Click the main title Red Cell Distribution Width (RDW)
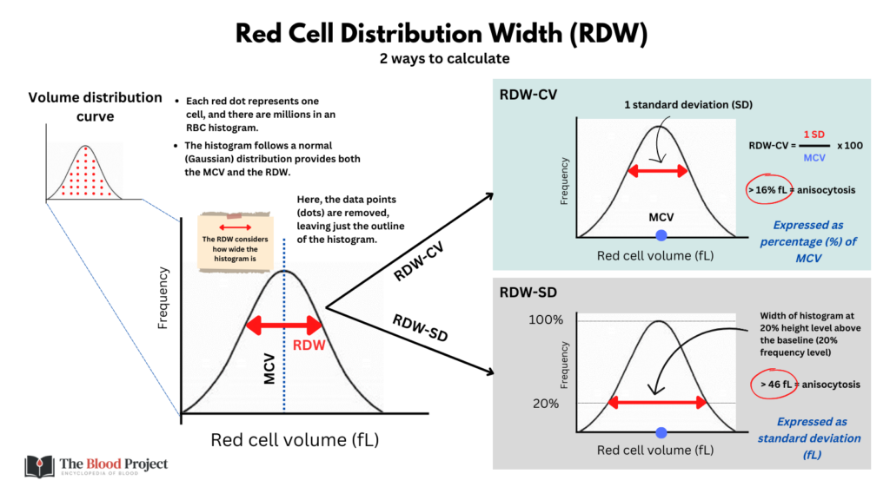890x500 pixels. (442, 34)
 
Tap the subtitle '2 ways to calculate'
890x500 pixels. (444, 58)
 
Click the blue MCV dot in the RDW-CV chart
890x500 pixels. (661, 234)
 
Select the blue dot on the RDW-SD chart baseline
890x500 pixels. (661, 432)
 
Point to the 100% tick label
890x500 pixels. (546, 319)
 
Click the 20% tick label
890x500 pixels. (546, 404)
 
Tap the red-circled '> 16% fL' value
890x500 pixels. (767, 190)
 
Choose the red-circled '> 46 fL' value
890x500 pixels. (776, 385)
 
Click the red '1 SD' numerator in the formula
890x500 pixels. (814, 135)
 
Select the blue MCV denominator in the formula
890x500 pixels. (814, 158)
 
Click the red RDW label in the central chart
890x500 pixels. (309, 345)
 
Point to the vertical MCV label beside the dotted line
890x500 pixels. (269, 369)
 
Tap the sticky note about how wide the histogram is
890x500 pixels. (236, 243)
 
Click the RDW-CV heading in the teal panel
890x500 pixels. (528, 95)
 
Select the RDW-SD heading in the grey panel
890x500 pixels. (528, 293)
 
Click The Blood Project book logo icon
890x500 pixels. (39, 466)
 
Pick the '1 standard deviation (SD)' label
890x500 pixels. (688, 105)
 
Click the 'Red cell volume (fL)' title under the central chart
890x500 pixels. (295, 440)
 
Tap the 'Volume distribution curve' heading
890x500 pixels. (96, 107)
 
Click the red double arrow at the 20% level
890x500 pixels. (657, 403)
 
